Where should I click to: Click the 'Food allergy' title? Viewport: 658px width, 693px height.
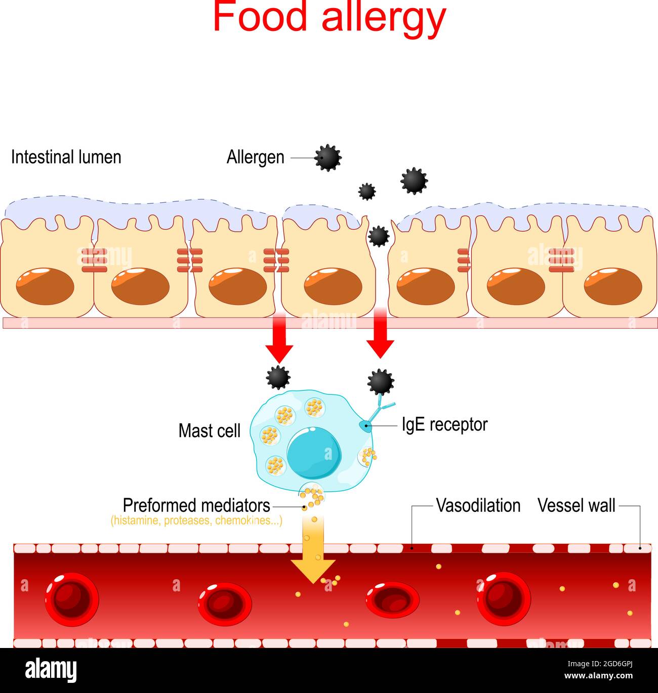pos(329,18)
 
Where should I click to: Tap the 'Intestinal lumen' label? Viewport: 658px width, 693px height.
pos(66,157)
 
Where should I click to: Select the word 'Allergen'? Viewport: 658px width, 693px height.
pos(255,157)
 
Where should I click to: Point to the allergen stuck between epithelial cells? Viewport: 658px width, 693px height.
pos(378,236)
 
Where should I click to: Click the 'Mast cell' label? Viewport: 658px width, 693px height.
pos(209,431)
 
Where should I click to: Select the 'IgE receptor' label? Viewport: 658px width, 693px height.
pos(444,424)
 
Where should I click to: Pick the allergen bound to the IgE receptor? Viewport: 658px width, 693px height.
pos(381,381)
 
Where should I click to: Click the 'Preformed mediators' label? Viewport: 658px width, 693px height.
pos(196,505)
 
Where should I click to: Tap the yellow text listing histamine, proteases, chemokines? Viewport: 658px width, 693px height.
pos(196,521)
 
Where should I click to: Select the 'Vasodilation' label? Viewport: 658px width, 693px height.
pos(478,505)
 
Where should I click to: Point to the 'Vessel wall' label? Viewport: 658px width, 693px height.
pos(576,505)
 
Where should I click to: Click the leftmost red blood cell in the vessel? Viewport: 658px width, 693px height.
pos(72,599)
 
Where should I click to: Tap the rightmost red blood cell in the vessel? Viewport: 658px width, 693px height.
pos(503,599)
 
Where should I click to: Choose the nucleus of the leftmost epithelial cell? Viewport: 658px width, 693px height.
pos(45,286)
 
